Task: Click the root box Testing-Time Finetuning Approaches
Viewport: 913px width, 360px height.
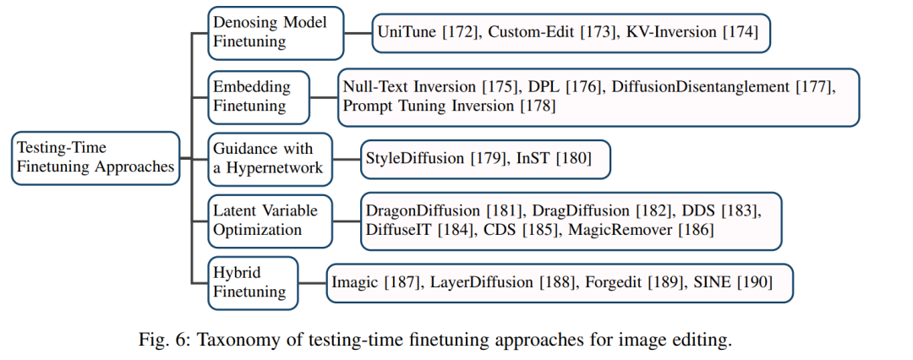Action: (x=96, y=158)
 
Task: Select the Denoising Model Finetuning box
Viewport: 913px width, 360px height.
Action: (x=276, y=33)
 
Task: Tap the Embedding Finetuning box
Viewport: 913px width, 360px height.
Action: (x=259, y=97)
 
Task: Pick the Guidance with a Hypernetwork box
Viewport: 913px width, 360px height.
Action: (x=270, y=159)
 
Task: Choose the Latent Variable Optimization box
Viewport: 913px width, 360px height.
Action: (x=271, y=221)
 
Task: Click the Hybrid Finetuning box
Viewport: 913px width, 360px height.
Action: (x=253, y=282)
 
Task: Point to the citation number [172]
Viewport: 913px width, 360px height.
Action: (x=461, y=33)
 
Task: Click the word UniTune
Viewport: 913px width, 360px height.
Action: (x=407, y=33)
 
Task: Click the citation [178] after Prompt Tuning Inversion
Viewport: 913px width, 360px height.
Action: (x=536, y=106)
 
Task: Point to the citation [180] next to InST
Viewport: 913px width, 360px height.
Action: (x=573, y=158)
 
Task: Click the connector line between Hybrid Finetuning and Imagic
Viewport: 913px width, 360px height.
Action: (x=312, y=283)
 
